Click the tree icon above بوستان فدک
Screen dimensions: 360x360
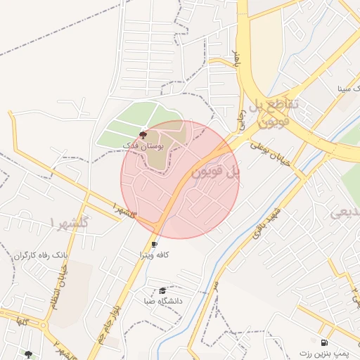click(143, 134)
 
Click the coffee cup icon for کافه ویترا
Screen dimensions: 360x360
click(155, 244)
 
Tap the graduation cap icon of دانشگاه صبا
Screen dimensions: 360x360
click(162, 290)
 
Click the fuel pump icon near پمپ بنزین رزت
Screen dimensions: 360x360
click(323, 342)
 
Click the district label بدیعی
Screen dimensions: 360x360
click(345, 212)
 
